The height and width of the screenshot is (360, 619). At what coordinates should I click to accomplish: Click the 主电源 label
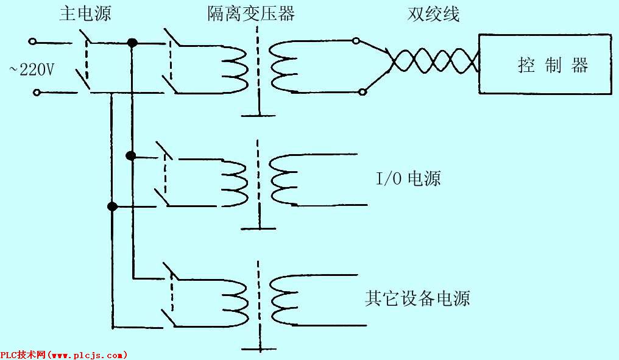(85, 13)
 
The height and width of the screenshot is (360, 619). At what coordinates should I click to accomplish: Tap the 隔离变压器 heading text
(251, 13)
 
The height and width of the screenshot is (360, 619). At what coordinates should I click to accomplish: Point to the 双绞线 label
(433, 14)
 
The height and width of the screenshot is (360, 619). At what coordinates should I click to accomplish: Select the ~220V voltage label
(31, 70)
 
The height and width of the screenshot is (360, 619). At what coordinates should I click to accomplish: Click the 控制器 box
(545, 64)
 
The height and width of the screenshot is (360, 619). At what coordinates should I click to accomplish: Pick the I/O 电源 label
(408, 178)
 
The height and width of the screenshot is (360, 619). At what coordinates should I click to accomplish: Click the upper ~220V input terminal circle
(32, 41)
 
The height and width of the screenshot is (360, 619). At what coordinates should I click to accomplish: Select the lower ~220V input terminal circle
(37, 93)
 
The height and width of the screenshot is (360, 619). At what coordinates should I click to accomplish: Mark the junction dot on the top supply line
(132, 43)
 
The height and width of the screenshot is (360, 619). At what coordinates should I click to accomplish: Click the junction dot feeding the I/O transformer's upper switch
(130, 156)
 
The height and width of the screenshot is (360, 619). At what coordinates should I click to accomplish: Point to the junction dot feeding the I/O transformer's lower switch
(113, 206)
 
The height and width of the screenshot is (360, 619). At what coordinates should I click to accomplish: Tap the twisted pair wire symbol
(433, 60)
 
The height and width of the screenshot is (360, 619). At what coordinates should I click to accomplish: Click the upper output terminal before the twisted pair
(356, 40)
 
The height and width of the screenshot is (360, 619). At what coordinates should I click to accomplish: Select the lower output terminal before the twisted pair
(362, 93)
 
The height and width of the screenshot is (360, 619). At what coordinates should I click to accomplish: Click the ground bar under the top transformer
(258, 116)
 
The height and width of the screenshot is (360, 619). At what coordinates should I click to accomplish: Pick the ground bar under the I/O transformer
(258, 228)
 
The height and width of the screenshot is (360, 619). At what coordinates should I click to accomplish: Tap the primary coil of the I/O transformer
(235, 183)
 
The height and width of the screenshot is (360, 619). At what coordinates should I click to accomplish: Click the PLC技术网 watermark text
(64, 355)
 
